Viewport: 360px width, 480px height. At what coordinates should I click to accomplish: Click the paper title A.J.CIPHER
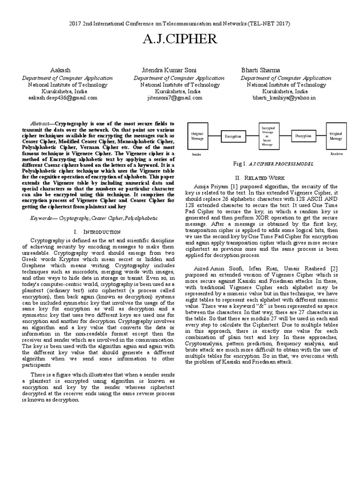(x=180, y=40)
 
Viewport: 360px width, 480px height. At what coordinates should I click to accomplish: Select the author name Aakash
(x=63, y=70)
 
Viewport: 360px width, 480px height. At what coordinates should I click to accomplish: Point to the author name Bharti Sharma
(x=261, y=70)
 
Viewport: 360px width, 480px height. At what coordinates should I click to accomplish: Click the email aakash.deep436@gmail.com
(x=63, y=98)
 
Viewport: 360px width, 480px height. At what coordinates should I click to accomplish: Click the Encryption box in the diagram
(x=233, y=136)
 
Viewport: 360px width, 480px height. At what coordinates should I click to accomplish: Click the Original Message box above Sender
(x=197, y=136)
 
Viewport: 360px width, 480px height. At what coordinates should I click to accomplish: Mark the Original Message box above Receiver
(x=336, y=136)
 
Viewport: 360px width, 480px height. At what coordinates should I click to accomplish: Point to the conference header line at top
(x=180, y=23)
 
